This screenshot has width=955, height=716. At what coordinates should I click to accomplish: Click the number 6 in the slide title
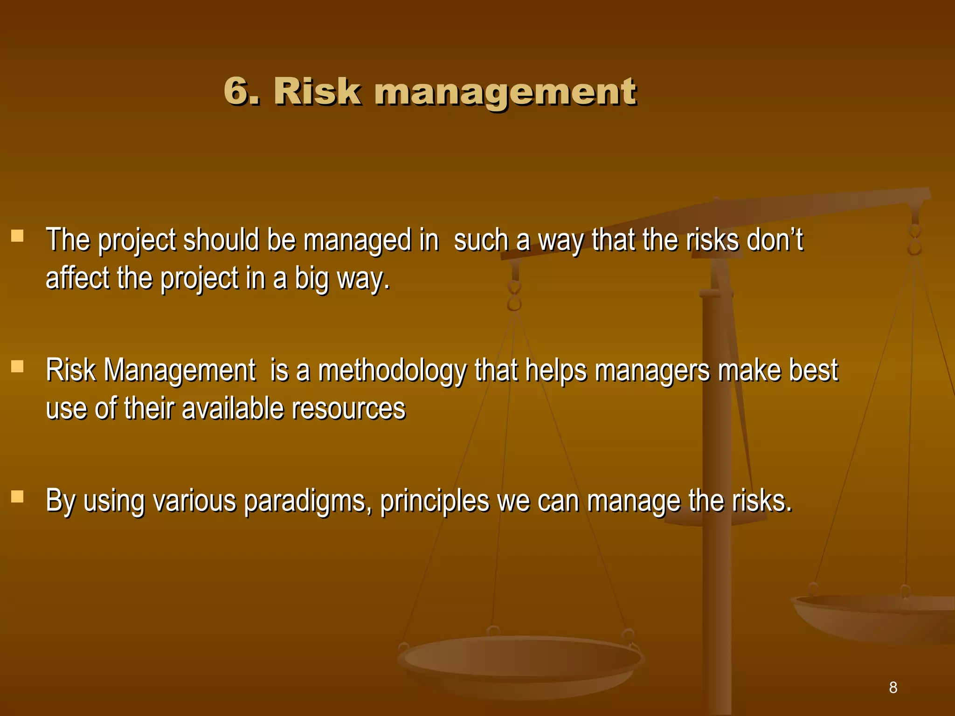pos(237,91)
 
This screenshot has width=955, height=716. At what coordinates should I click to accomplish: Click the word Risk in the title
pos(317,91)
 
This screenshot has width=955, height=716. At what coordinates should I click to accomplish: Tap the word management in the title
pos(505,92)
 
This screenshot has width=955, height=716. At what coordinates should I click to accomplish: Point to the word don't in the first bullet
pos(775,240)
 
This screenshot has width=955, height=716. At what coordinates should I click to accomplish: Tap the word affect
pos(77,278)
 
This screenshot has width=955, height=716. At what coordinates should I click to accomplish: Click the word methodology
pos(392,371)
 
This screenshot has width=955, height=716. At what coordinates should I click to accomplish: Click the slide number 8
pos(893,687)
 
